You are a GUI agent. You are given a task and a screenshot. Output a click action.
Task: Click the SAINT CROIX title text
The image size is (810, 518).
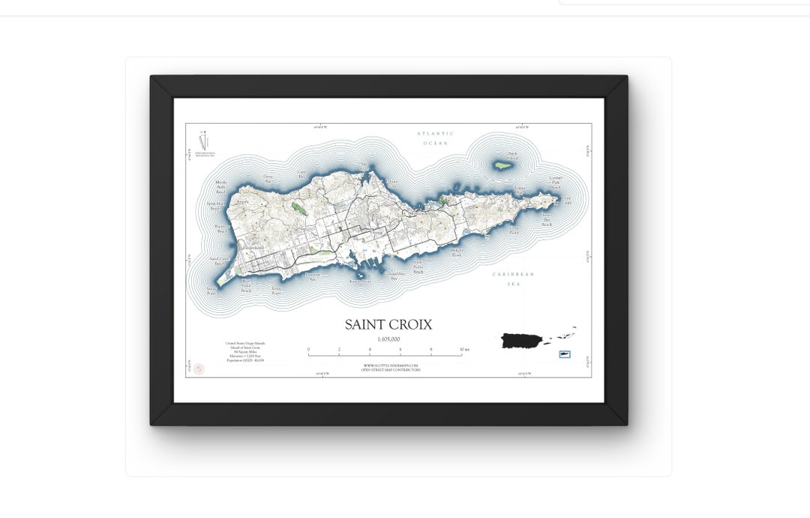pos(388,324)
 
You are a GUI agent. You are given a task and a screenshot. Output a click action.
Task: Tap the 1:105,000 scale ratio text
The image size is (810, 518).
pos(388,339)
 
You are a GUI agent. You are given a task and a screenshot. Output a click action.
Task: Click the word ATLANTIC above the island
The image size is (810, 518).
pos(436,134)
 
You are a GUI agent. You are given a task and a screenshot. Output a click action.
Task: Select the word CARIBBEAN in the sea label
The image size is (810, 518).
pos(513,275)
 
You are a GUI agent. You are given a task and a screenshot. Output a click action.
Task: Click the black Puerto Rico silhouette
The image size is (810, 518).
pos(524,340)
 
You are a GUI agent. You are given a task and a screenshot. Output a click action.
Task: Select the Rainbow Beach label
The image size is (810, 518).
pos(221,227)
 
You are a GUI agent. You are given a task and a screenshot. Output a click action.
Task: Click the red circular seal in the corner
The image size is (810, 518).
pos(199,369)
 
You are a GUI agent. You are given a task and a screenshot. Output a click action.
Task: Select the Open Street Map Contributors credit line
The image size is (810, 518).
pos(390,370)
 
